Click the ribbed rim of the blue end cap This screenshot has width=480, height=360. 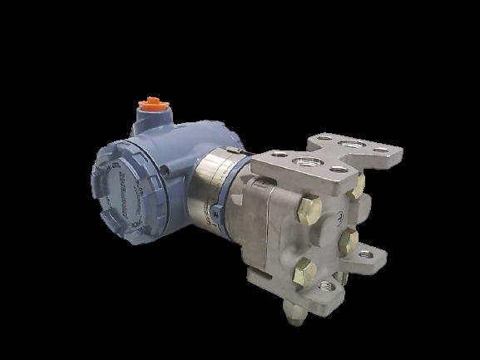pos(95,180)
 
